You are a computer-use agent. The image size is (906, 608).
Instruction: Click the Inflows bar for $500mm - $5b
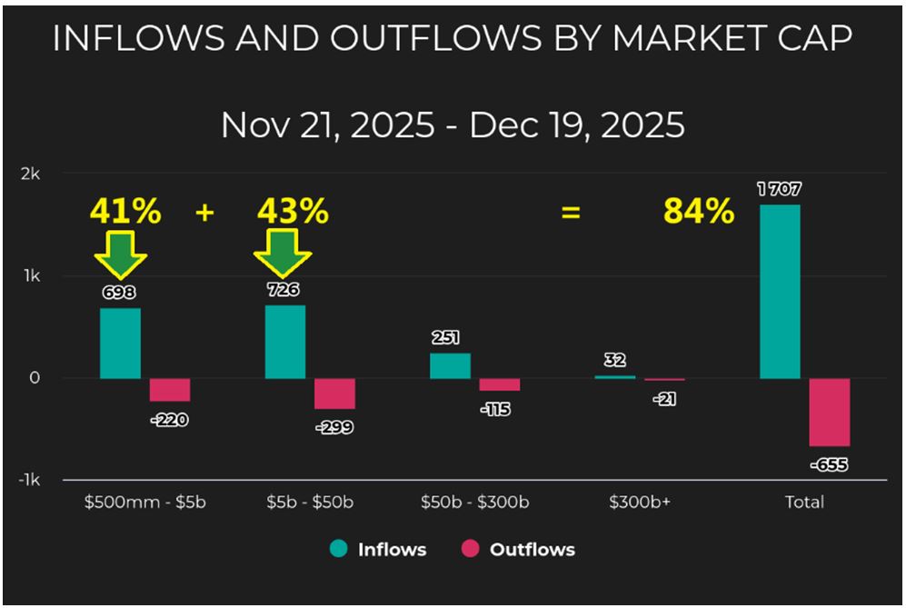[x=120, y=344]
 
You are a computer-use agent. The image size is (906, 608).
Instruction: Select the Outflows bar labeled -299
[x=334, y=394]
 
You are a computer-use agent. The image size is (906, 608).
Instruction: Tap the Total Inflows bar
[x=780, y=291]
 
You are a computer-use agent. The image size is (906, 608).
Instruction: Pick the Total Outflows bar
[x=830, y=412]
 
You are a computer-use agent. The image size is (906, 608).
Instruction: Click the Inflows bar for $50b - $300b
[x=450, y=365]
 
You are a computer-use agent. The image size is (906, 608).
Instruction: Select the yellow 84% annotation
[x=698, y=212]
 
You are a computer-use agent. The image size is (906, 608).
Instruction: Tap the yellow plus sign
[x=204, y=213]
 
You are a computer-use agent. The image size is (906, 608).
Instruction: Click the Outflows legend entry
[x=518, y=550]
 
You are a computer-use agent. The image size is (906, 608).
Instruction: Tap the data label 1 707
[x=779, y=190]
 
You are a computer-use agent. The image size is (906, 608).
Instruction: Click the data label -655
[x=828, y=464]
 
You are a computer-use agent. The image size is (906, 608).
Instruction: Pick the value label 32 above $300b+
[x=614, y=360]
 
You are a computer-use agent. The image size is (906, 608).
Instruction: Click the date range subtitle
[x=453, y=125]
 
